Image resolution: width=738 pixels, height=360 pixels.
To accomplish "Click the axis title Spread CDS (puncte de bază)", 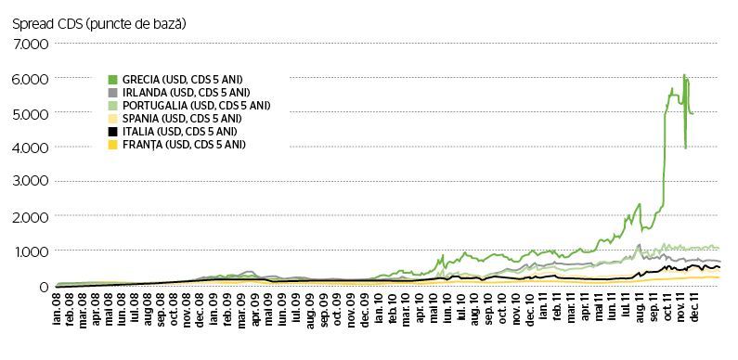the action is (98, 24).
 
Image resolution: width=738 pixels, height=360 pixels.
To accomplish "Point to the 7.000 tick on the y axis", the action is (31, 45).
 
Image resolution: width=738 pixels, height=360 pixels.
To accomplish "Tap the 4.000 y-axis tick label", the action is (31, 148).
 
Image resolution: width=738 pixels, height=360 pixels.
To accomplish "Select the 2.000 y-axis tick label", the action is (31, 216).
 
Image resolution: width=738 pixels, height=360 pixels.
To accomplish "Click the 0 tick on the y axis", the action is (45, 286).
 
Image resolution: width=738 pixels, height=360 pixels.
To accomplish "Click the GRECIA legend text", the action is (183, 79).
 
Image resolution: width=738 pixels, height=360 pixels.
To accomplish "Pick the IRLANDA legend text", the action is (186, 92).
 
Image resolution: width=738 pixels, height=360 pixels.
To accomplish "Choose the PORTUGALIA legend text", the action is (196, 106).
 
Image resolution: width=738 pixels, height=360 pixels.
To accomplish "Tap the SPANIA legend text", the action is (182, 119).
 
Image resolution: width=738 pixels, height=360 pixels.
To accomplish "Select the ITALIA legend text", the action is (179, 132).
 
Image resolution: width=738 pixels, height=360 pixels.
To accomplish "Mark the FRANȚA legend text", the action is (184, 145).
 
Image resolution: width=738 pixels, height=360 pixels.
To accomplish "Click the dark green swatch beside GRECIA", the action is (112, 79).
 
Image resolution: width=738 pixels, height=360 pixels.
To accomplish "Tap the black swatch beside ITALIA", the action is (112, 132).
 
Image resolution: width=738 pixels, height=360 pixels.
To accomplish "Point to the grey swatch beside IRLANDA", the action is (112, 92).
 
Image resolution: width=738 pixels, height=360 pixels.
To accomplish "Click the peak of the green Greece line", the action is (684, 74).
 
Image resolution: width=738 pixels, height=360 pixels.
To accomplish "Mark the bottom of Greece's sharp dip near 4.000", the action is (686, 148).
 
